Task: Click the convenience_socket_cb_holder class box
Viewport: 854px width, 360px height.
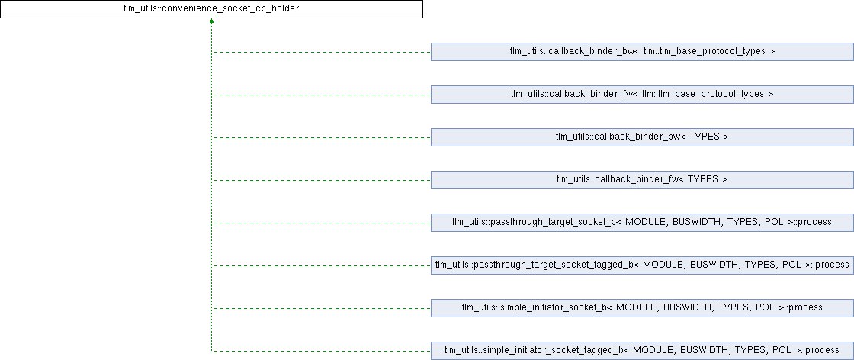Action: pos(211,9)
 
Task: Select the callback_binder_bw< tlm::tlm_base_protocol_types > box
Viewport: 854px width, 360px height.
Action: pos(642,52)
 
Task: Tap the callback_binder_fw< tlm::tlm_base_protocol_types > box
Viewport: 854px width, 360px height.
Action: pos(642,95)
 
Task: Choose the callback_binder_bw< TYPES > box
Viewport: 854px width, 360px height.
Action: pos(642,137)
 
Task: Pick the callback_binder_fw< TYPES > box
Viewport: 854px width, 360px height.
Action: pos(642,180)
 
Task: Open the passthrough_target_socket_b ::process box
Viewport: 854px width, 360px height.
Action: pos(642,223)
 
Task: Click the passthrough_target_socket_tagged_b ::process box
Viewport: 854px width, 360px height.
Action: pos(642,265)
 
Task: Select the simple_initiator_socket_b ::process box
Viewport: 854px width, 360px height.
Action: pos(642,308)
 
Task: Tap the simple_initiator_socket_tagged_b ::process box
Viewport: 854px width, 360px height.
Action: pos(642,351)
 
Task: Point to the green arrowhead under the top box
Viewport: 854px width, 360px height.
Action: pos(211,22)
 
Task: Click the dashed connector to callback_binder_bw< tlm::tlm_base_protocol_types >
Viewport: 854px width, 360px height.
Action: pos(320,52)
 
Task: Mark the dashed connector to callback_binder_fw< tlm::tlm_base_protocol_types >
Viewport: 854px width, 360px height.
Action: pos(320,95)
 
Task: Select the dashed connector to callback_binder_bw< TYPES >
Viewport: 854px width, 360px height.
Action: pos(320,137)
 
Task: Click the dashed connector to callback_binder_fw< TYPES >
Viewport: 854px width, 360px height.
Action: pos(320,180)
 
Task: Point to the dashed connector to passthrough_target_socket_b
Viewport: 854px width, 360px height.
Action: pos(320,223)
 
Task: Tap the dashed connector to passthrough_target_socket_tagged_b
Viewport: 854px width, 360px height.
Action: pos(320,265)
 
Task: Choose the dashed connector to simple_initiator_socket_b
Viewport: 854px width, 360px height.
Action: pos(320,308)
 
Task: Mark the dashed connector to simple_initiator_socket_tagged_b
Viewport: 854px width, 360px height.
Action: pos(320,351)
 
